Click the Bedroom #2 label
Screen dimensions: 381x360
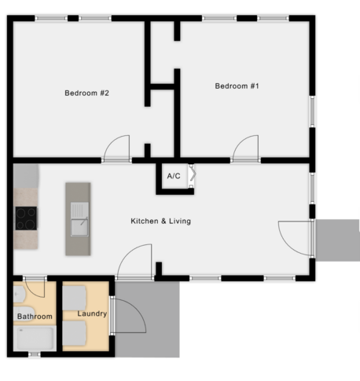click(x=86, y=93)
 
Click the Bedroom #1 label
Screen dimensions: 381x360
click(x=237, y=86)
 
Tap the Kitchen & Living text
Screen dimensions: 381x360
click(x=160, y=222)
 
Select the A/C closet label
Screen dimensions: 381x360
click(x=174, y=176)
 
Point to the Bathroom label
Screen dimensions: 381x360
click(x=35, y=317)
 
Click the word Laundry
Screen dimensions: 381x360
click(x=92, y=314)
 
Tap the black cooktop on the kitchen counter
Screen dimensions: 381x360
click(x=26, y=218)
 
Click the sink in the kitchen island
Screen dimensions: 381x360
click(x=79, y=219)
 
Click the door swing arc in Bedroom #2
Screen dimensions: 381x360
click(x=117, y=148)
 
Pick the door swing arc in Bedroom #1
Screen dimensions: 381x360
click(x=245, y=148)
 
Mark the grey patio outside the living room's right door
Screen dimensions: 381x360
click(x=336, y=240)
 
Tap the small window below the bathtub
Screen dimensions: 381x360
click(x=34, y=354)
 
